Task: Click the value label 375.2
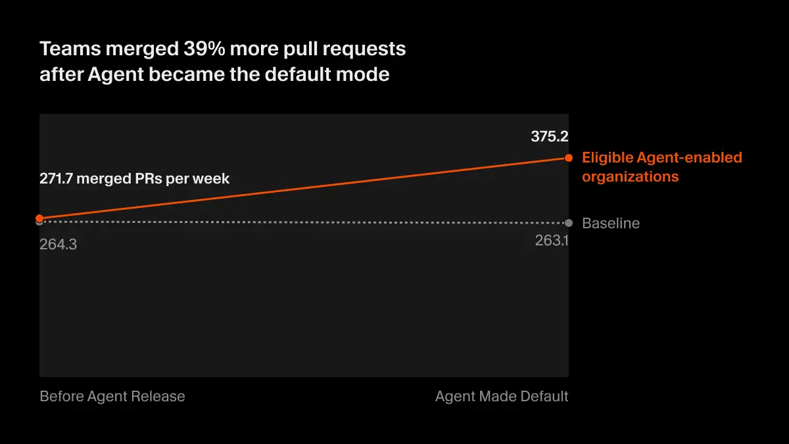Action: pos(549,137)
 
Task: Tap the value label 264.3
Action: pos(58,245)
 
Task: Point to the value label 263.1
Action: pos(551,241)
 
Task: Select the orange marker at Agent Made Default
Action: pos(568,158)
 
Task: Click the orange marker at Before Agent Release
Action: pos(39,218)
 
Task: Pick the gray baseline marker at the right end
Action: pos(568,223)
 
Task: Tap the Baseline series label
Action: pos(610,224)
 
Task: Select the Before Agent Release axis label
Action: pos(112,397)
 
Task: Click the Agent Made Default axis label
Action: pos(502,397)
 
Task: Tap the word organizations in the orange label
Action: pos(630,177)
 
